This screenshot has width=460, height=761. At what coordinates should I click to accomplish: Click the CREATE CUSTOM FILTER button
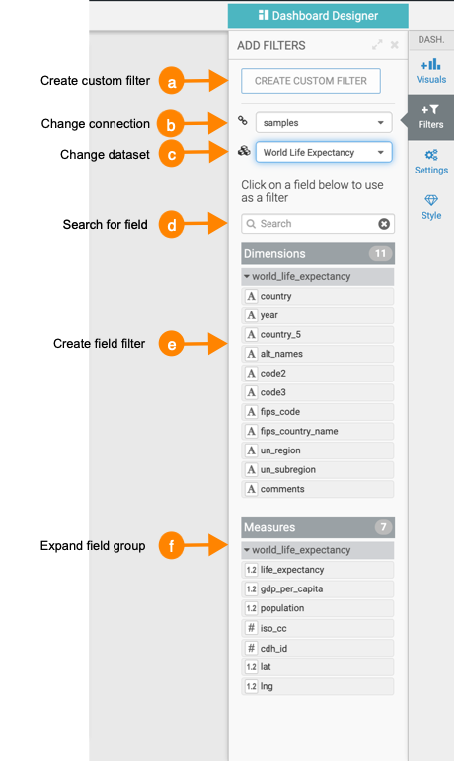311,81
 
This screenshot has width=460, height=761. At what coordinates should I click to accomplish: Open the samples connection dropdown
324,123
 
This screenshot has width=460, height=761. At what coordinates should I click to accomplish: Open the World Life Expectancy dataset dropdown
324,153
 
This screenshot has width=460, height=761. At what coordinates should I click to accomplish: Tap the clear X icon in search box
384,224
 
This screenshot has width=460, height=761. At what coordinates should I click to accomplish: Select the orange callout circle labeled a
171,81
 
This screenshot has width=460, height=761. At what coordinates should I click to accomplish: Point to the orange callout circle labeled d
171,225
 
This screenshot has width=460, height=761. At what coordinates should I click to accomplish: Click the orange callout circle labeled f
171,546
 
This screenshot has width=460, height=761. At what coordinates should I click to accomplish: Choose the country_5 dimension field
318,334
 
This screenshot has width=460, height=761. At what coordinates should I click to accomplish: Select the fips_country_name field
318,431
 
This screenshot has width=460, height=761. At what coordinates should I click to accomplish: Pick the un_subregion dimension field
318,470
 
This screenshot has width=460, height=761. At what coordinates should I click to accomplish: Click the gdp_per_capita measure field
318,588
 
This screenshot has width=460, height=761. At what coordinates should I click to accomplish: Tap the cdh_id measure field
318,648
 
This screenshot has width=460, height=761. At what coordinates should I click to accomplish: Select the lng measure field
318,686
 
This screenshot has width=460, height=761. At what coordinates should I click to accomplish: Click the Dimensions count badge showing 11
380,253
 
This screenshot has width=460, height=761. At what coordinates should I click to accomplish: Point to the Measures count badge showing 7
383,527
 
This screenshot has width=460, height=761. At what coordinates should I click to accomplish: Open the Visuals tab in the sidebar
430,71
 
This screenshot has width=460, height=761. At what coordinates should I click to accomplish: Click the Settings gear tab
430,162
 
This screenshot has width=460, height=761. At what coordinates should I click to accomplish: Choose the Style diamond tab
430,207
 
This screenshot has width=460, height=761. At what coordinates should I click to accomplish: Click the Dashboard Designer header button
318,16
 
